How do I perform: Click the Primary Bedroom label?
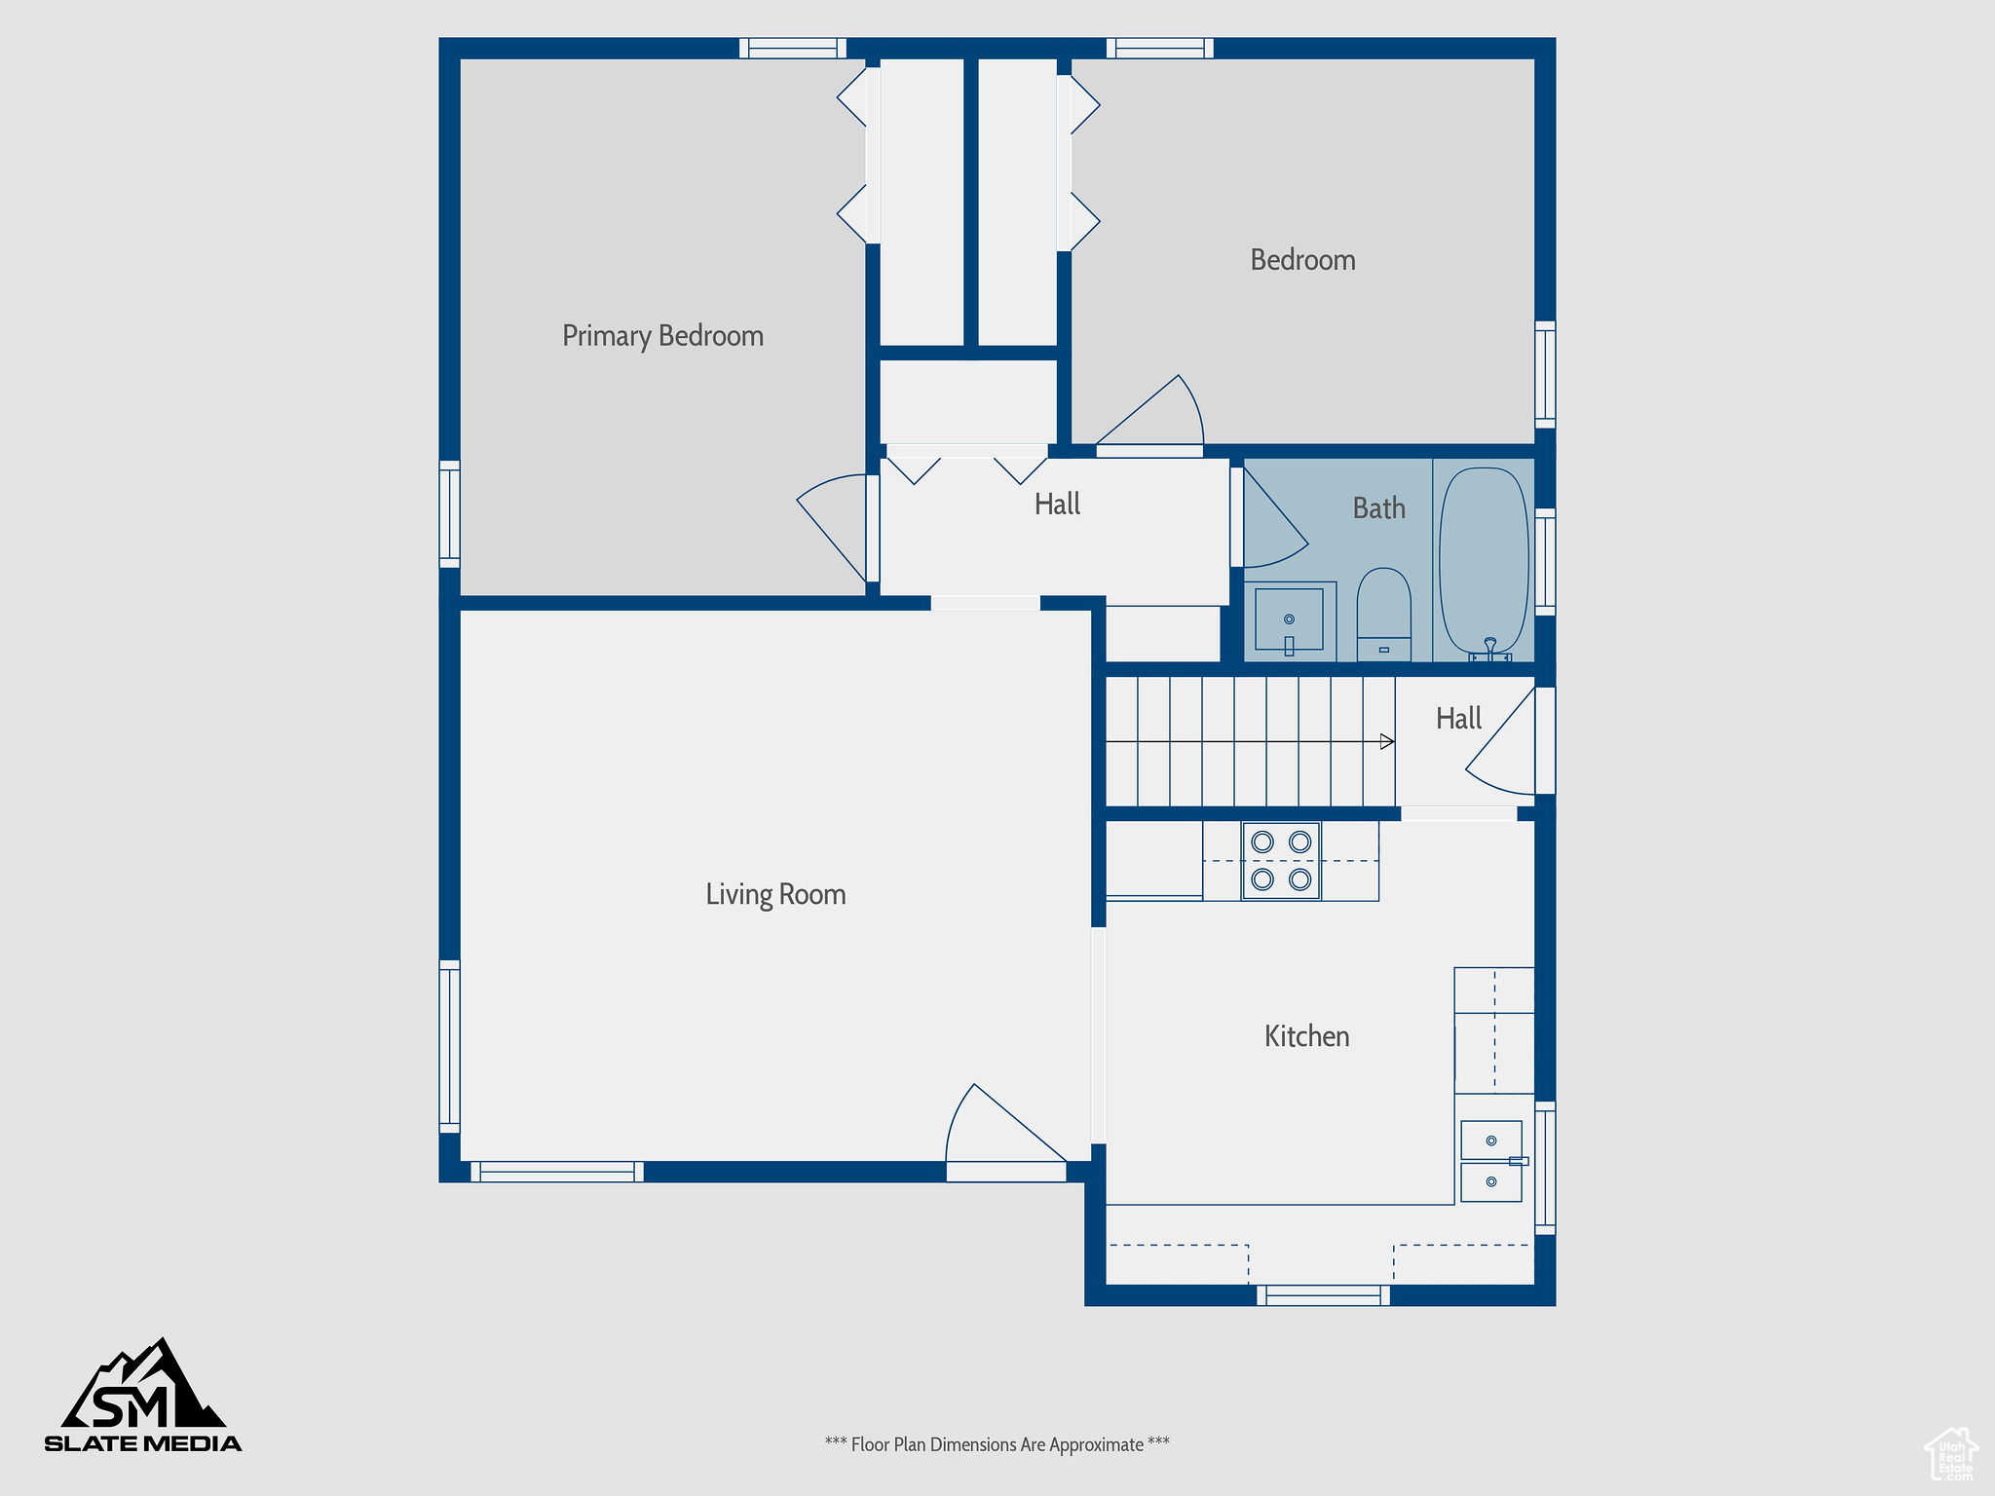tap(662, 336)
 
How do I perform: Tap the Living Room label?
tap(775, 894)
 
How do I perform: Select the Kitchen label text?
tap(1306, 1036)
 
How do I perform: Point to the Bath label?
tap(1378, 507)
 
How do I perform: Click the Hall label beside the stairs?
tap(1458, 719)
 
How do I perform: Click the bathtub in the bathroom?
tap(1484, 561)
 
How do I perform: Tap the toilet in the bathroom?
tap(1383, 615)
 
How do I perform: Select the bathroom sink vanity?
tap(1289, 621)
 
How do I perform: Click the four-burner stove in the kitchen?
tap(1281, 861)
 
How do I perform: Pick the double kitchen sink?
tap(1491, 1161)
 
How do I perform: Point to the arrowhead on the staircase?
tap(1387, 742)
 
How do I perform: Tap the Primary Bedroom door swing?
tap(832, 528)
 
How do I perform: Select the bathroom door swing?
tap(1275, 517)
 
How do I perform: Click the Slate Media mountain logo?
tap(143, 1395)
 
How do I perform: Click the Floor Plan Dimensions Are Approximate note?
tap(997, 1444)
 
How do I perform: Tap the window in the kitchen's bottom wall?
tap(1323, 1295)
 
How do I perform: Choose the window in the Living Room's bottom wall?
tap(557, 1172)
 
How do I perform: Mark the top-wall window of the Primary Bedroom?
tap(793, 48)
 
